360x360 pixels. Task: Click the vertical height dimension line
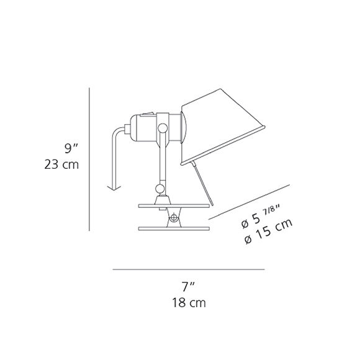point(91,158)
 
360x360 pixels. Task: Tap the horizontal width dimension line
point(189,270)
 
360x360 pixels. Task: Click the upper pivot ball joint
point(163,128)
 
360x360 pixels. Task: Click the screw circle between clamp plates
point(173,217)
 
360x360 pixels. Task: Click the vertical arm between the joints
point(161,158)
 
